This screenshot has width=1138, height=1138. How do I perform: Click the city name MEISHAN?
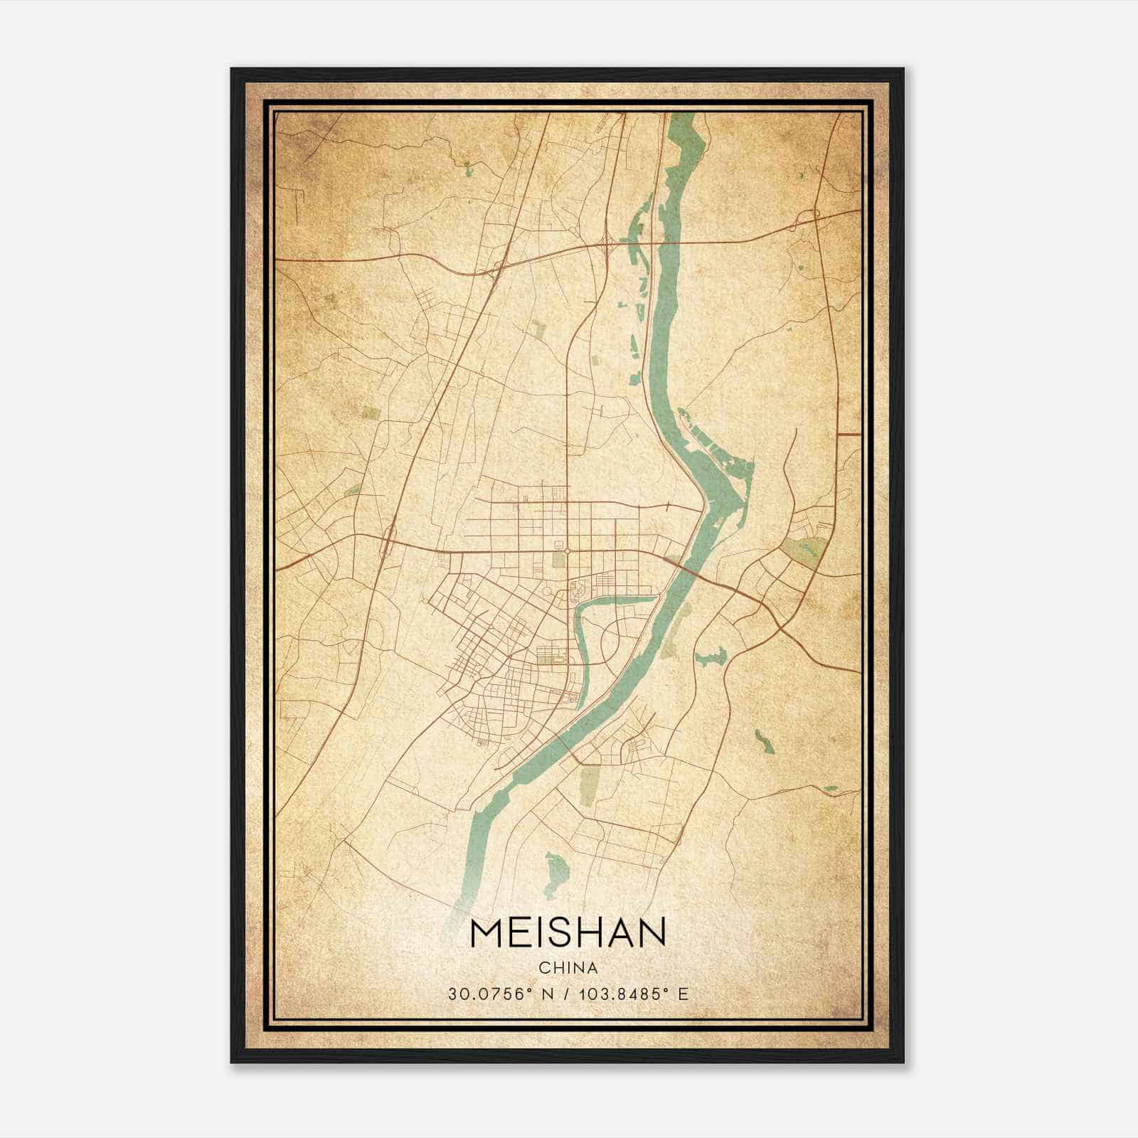(568, 933)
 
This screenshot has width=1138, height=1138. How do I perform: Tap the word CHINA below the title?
(568, 968)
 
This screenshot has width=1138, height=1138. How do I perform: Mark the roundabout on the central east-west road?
(567, 551)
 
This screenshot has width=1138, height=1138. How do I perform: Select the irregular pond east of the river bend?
(711, 657)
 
